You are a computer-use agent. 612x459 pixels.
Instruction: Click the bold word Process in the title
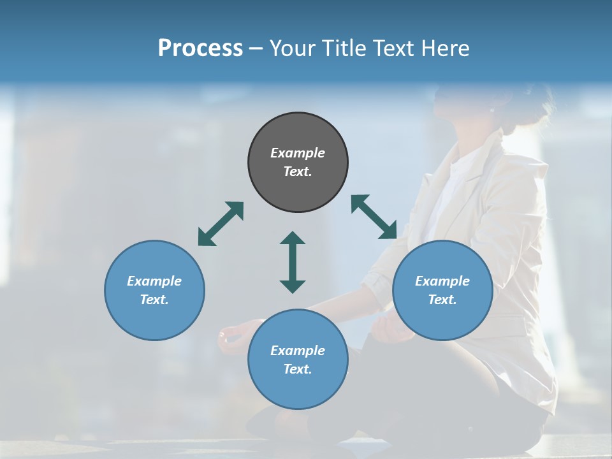[x=200, y=48]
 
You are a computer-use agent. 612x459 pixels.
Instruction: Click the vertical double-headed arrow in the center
[x=293, y=262]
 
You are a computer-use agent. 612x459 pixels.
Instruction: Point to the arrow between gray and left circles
[x=221, y=223]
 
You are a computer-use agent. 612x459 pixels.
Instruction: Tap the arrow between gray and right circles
[x=374, y=217]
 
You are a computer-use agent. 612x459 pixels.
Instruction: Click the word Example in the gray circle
[x=298, y=153]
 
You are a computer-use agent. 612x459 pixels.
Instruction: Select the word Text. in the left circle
[x=154, y=300]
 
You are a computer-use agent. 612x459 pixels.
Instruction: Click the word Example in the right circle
[x=442, y=281]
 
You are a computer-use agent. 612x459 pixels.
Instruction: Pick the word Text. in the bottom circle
[x=298, y=369]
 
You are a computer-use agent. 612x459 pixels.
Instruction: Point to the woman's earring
[x=492, y=110]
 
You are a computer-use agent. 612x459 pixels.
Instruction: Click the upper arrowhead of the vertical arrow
[x=293, y=239]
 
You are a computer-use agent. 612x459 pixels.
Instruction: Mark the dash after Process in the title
[x=256, y=48]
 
